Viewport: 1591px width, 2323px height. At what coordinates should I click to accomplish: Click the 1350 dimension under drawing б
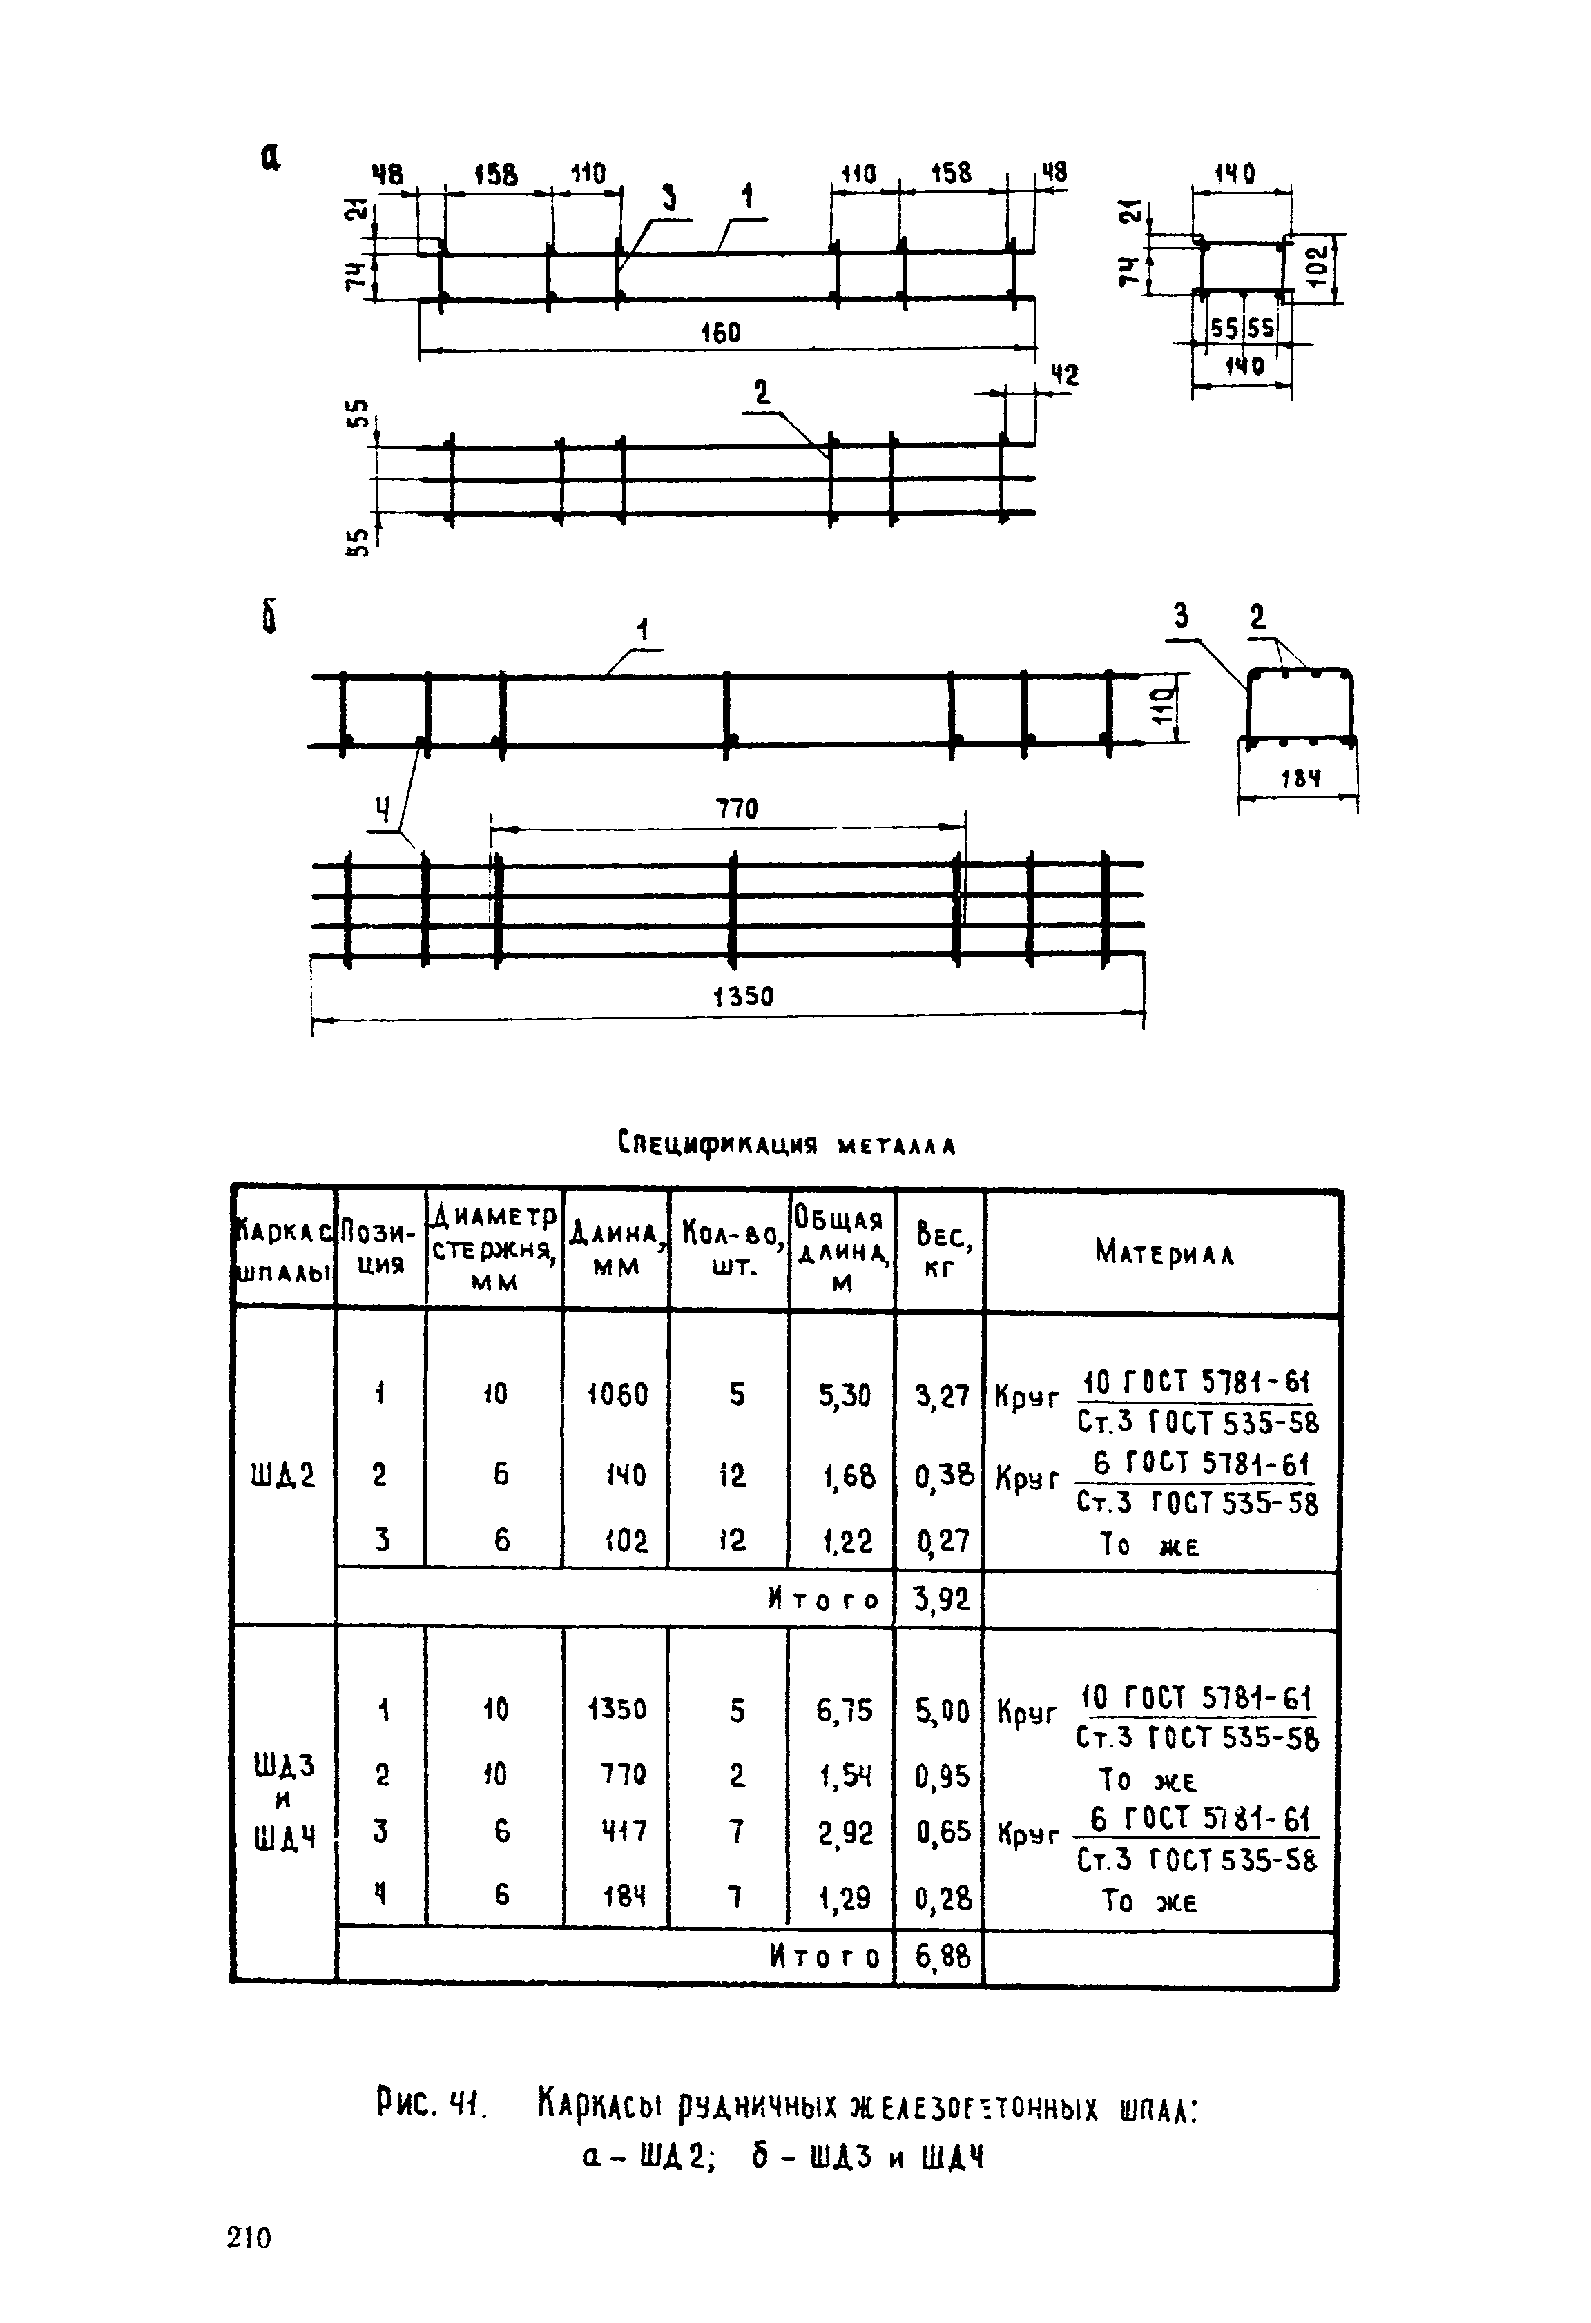[x=744, y=997]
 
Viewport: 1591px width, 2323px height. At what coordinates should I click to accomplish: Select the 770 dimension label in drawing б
[x=737, y=809]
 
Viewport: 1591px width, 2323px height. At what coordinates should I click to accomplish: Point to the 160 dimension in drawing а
[x=720, y=332]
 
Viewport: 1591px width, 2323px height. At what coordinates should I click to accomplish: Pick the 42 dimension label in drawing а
[x=1064, y=376]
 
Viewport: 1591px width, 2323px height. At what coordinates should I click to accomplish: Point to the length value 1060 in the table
[x=617, y=1393]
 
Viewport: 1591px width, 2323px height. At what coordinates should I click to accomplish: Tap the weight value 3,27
[x=941, y=1393]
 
